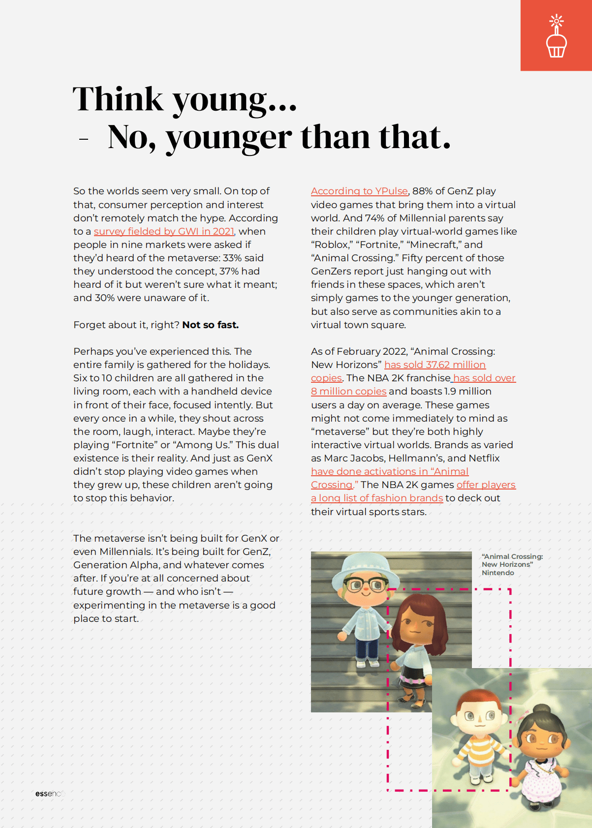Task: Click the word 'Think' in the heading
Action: [x=118, y=99]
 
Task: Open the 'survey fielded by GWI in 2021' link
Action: [x=164, y=231]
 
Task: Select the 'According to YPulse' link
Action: [x=359, y=191]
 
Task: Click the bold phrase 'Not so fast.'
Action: [x=210, y=325]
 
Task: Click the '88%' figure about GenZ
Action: [x=422, y=191]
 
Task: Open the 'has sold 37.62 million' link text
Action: [x=435, y=365]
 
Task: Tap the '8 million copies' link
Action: [x=348, y=391]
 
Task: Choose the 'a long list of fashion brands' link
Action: [x=377, y=498]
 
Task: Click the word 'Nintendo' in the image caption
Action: [x=498, y=573]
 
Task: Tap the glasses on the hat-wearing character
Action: [x=366, y=585]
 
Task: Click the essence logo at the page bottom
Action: [x=48, y=794]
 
